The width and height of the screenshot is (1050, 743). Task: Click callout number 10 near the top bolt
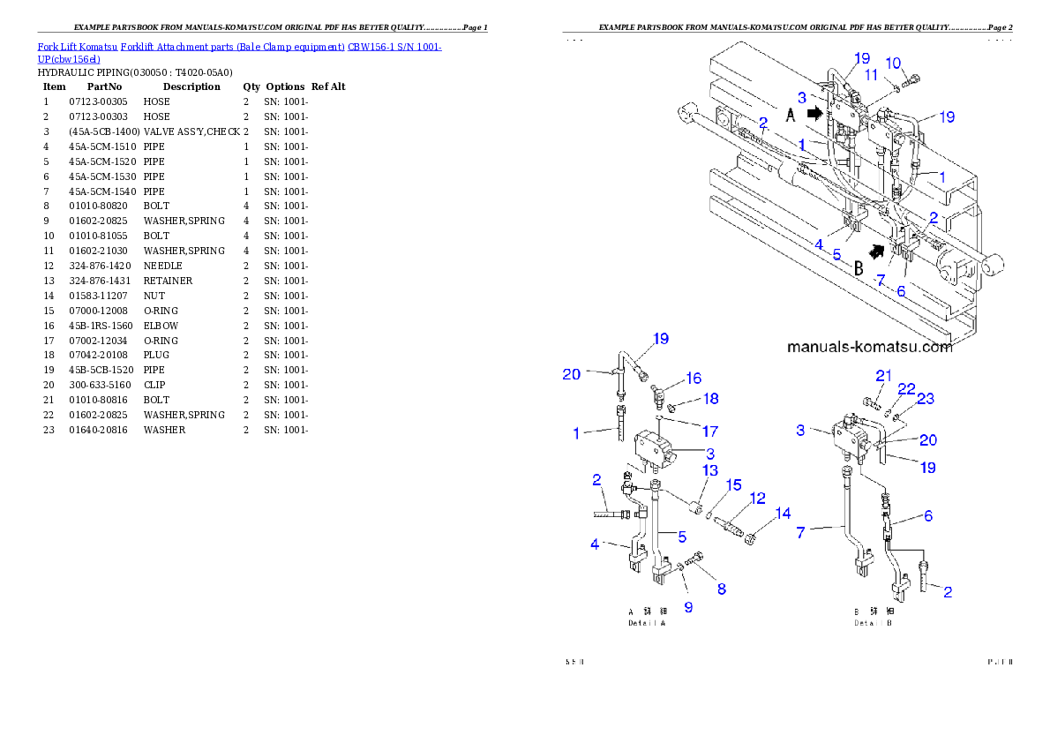[x=893, y=63]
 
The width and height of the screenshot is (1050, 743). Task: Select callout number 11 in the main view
[x=871, y=75]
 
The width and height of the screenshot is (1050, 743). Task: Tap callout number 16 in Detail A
[x=694, y=378]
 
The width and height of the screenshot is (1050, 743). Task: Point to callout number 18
[x=709, y=399]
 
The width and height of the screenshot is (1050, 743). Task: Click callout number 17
[x=709, y=432]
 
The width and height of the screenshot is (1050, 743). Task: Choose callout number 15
[x=734, y=485]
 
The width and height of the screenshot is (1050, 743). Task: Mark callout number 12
[x=757, y=499]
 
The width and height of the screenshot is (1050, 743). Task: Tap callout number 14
[x=783, y=514]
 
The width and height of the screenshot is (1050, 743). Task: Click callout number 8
[x=721, y=589]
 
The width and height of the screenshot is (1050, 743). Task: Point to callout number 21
[x=883, y=376]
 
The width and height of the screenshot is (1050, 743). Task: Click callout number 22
[x=906, y=388]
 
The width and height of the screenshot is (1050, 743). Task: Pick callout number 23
[x=925, y=398]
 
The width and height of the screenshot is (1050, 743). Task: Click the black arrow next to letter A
[x=814, y=113]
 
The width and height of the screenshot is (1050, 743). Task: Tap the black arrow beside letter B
[x=875, y=251]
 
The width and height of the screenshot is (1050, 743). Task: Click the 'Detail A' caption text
[x=646, y=623]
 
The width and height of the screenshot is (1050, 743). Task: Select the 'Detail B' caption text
[x=872, y=623]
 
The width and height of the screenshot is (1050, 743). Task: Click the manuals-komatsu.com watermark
[x=869, y=347]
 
